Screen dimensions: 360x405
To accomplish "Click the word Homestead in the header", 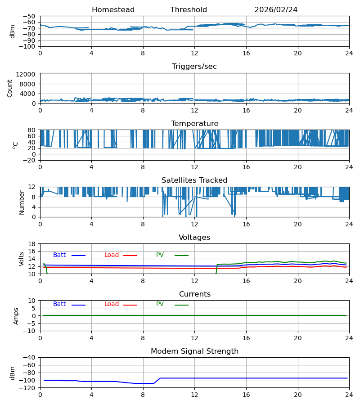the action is (x=113, y=10).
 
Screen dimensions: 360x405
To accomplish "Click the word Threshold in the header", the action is (x=189, y=10).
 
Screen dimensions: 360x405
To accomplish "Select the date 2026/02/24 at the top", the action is (x=276, y=10).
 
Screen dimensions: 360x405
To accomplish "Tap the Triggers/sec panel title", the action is (x=194, y=67).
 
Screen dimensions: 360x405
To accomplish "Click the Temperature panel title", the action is (x=194, y=123).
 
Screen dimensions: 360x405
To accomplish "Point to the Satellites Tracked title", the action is (x=194, y=180).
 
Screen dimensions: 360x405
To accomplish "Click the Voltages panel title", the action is (x=194, y=237).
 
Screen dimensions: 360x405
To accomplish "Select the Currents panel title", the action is (x=195, y=294).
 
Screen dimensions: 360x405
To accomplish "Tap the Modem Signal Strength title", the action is (x=194, y=351).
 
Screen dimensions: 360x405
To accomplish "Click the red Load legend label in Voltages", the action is (x=112, y=255).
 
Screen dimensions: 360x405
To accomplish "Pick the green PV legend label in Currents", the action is (x=160, y=304).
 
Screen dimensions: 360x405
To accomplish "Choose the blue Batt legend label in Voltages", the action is (x=59, y=255).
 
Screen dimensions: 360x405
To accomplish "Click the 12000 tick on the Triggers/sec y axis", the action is (x=26, y=74).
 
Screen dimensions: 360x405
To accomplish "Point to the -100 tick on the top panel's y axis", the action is (x=29, y=46).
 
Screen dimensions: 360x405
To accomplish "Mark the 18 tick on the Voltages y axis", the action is (x=32, y=244).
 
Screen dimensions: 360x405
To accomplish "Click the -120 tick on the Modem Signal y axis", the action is (x=29, y=388).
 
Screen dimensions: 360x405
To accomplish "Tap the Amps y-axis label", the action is (x=16, y=316).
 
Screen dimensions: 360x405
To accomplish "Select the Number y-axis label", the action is (x=22, y=203).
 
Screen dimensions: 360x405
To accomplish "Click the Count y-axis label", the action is (x=10, y=89).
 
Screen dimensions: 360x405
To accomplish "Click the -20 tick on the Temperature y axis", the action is (x=30, y=160).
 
